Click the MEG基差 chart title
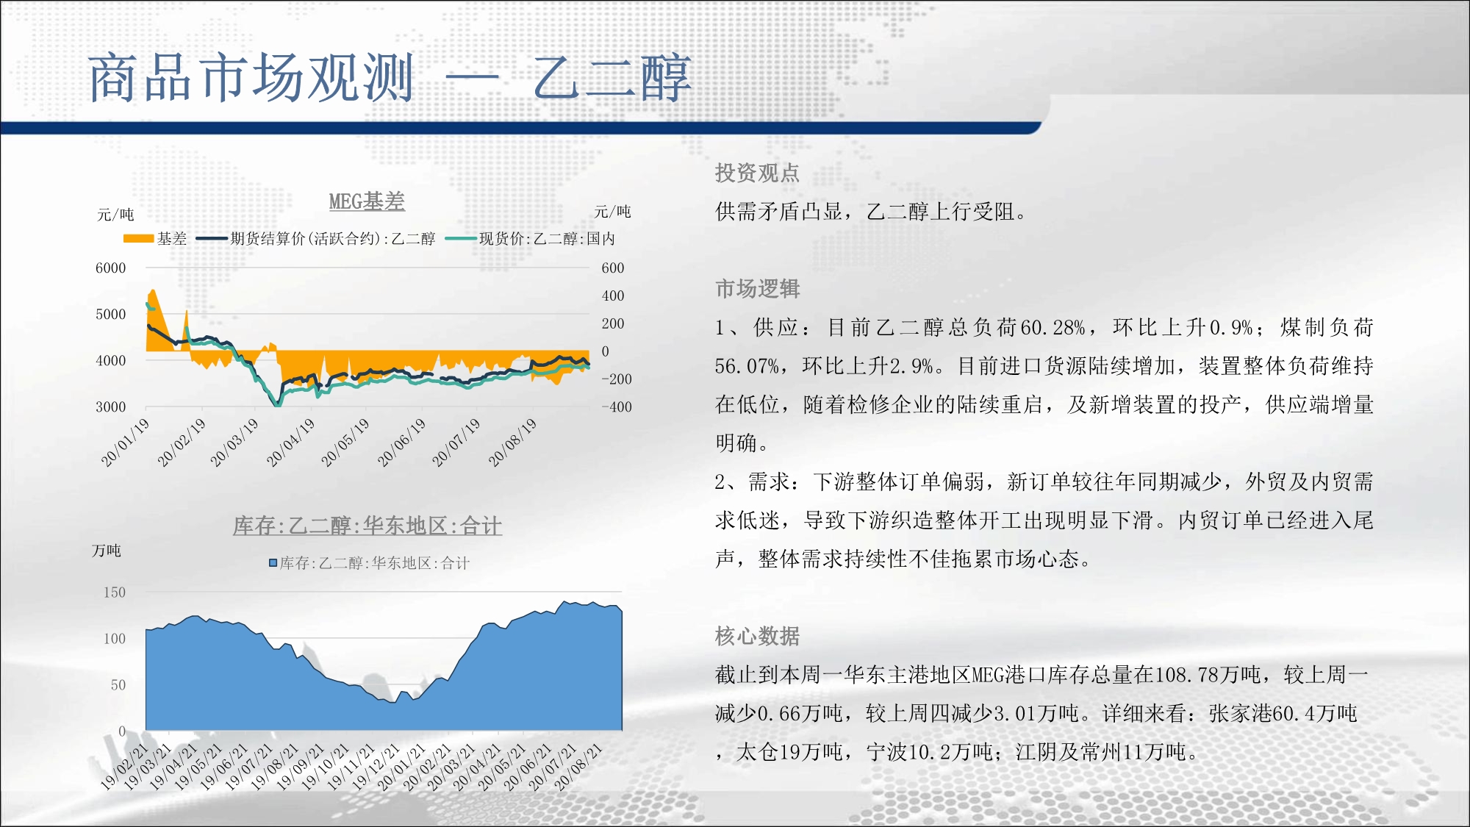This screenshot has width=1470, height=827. (x=367, y=201)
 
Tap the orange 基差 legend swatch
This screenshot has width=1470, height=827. (x=138, y=238)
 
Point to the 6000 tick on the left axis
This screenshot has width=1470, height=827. (x=110, y=268)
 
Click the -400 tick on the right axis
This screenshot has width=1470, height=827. (x=617, y=407)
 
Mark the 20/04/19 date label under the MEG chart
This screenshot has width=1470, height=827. (x=290, y=442)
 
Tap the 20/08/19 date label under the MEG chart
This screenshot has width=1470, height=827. (x=512, y=442)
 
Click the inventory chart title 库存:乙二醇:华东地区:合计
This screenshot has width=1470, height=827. (x=367, y=526)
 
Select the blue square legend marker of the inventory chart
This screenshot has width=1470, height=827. (x=273, y=563)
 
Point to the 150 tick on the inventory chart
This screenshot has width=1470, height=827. (x=114, y=592)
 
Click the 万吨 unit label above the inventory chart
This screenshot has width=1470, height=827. (x=107, y=551)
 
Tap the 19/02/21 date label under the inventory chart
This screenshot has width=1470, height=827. (x=124, y=767)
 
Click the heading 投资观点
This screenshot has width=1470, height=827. (x=757, y=173)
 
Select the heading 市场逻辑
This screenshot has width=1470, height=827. (x=757, y=289)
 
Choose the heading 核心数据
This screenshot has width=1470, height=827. (x=757, y=636)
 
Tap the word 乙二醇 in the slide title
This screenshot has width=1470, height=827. (x=612, y=78)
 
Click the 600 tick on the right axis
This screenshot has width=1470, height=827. (x=613, y=268)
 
